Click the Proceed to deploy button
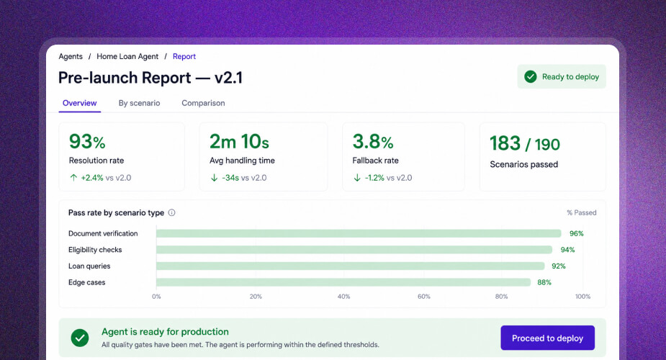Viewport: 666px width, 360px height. pos(547,338)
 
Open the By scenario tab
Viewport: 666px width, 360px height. pos(139,103)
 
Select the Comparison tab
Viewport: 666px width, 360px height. pos(204,103)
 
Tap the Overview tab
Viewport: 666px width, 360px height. pos(79,103)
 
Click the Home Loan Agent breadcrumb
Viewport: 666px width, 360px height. pos(127,56)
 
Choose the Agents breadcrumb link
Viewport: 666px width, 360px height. pos(71,56)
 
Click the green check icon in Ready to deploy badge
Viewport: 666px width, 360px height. pos(531,77)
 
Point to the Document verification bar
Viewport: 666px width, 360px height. pos(359,233)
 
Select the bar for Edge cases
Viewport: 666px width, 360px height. pos(343,282)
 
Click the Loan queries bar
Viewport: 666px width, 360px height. pos(351,266)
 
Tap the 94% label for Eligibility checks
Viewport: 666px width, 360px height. pos(567,250)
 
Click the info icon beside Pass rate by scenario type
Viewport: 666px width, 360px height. pos(171,212)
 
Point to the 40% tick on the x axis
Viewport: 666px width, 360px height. pos(343,297)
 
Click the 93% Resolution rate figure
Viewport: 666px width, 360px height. pos(87,141)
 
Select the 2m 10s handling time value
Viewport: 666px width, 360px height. pos(239,141)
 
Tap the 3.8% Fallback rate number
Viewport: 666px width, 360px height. pos(373,141)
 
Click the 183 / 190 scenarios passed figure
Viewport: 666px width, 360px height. pos(525,143)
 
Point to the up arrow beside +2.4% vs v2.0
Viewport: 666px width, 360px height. pos(73,177)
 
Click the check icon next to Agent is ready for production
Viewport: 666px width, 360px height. pos(80,338)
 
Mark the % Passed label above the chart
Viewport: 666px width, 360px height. pos(582,212)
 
